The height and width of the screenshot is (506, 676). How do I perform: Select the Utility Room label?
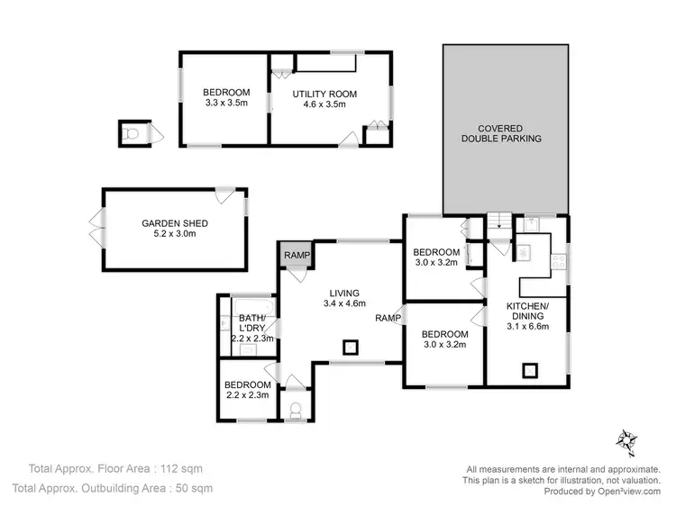tap(325, 94)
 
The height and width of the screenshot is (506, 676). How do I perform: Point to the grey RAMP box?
tap(297, 256)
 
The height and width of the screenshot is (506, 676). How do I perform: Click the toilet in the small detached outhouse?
tap(132, 134)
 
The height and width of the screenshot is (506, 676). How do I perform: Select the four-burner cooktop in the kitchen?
tap(558, 261)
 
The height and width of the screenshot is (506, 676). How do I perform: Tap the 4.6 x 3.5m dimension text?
tap(325, 104)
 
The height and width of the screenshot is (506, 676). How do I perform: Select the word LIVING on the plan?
tap(344, 293)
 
